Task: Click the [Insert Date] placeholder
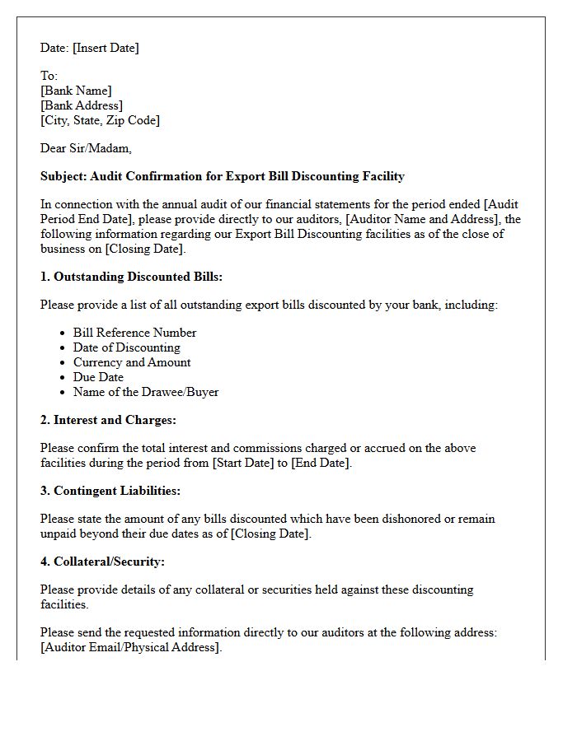point(106,48)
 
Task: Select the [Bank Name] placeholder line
point(76,91)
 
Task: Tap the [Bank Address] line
point(82,105)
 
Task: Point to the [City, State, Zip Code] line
point(100,120)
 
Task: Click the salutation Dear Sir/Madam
point(86,148)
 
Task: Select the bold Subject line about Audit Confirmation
point(223,176)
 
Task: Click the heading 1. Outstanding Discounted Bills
point(132,277)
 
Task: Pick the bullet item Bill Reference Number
point(134,333)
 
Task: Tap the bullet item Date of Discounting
point(126,347)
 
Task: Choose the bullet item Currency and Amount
point(132,362)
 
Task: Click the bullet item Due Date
point(98,377)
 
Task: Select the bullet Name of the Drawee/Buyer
point(146,392)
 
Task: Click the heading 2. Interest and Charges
point(109,420)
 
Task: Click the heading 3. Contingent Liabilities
point(110,491)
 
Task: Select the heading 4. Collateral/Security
point(103,562)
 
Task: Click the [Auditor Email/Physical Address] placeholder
point(131,647)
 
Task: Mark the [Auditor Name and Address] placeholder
point(423,219)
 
